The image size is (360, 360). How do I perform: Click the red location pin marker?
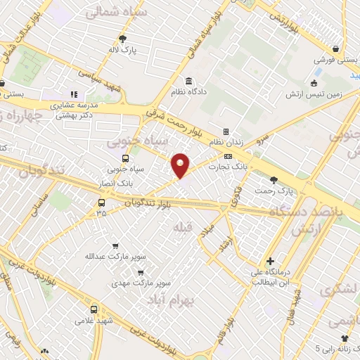(181, 165)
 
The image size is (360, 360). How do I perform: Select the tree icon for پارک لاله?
(123, 39)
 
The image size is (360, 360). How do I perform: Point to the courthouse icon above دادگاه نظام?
(189, 80)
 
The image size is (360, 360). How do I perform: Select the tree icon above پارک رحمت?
(274, 179)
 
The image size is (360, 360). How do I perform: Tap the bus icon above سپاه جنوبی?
(125, 158)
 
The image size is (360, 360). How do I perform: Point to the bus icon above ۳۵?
(102, 202)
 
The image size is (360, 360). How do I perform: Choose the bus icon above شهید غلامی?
(94, 308)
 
